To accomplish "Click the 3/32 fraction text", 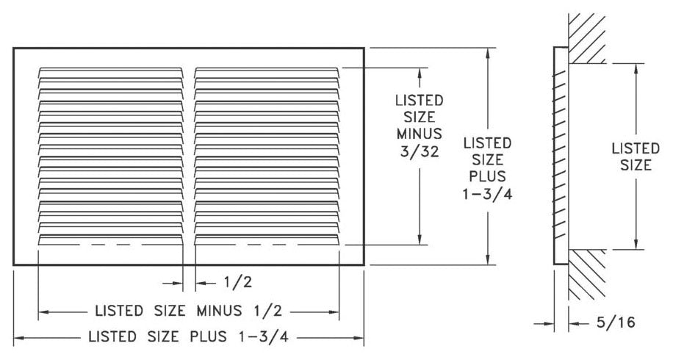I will [419, 151].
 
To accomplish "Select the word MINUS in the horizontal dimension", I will [221, 311].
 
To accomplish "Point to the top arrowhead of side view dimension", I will [637, 67].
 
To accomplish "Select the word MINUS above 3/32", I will [419, 134].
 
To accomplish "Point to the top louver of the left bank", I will [110, 71].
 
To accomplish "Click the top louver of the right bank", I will [267, 71].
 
